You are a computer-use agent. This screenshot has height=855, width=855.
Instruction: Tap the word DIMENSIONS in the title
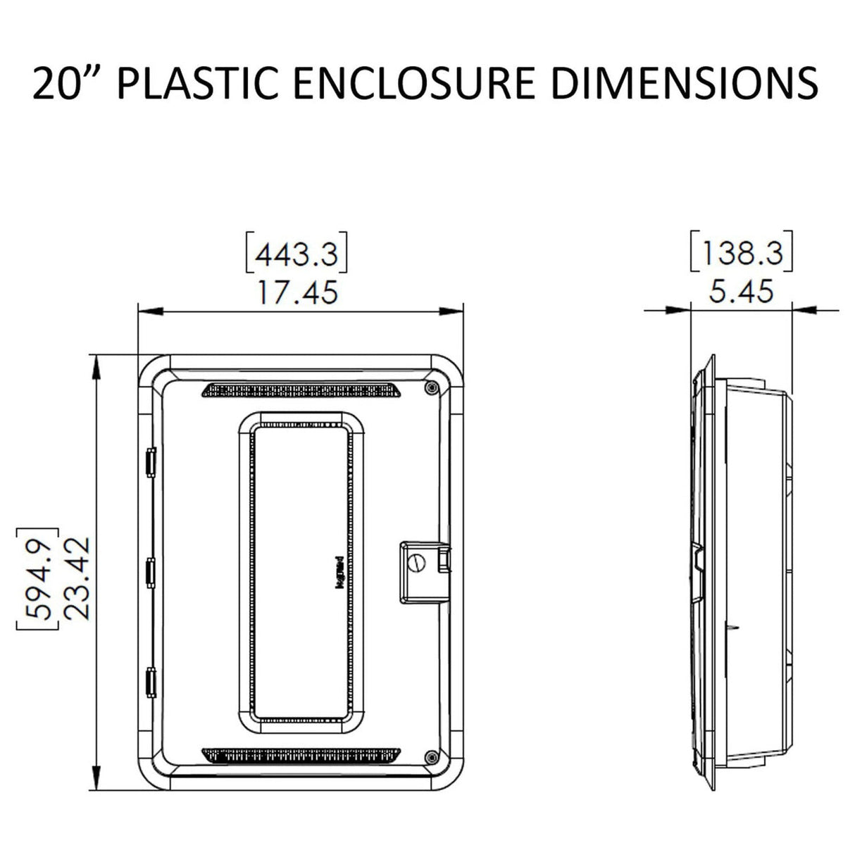(684, 84)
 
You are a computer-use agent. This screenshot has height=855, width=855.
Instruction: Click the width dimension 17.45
(297, 291)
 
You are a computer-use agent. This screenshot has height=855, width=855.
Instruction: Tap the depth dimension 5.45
(742, 290)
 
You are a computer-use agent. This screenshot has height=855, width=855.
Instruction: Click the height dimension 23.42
(75, 577)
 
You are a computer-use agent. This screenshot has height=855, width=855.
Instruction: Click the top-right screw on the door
(430, 387)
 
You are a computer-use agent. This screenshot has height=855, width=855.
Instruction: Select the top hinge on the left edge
(150, 461)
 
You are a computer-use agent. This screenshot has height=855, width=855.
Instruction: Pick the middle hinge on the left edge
(150, 572)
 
